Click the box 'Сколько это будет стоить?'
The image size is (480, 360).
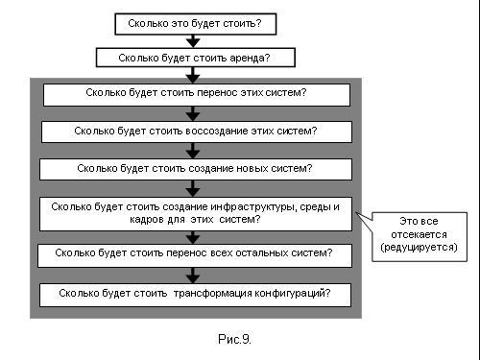click(x=195, y=24)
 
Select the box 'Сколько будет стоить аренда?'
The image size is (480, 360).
click(x=196, y=58)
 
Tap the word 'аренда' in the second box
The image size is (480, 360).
click(x=251, y=58)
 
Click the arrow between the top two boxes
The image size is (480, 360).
click(x=193, y=41)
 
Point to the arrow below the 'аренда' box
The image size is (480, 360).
click(x=193, y=75)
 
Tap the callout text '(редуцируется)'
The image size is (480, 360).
click(x=419, y=248)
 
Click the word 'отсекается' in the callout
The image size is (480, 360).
click(x=419, y=234)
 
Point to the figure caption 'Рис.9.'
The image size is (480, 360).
click(x=234, y=339)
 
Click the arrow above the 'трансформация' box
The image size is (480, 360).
click(x=193, y=276)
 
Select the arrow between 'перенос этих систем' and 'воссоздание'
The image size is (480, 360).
click(x=193, y=113)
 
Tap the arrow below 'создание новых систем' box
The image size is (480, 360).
click(x=193, y=188)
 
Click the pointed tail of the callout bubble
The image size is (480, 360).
click(x=356, y=213)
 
